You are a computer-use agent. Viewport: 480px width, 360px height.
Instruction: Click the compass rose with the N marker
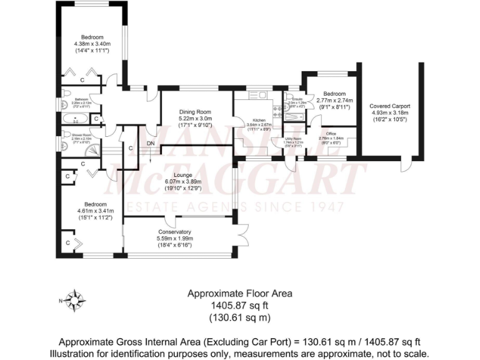pyautogui.click(x=76, y=301)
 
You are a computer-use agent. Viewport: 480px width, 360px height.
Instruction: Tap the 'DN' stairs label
pyautogui.click(x=151, y=144)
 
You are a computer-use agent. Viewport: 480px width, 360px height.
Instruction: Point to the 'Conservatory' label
pyautogui.click(x=174, y=231)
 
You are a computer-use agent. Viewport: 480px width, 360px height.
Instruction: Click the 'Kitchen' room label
pyautogui.click(x=259, y=119)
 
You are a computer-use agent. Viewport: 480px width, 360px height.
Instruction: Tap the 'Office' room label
pyautogui.click(x=331, y=132)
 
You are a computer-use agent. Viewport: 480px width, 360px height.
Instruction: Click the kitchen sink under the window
pyautogui.click(x=257, y=96)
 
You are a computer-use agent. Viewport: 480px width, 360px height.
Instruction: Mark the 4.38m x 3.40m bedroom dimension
pyautogui.click(x=92, y=44)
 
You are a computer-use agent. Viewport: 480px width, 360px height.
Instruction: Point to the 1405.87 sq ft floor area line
pyautogui.click(x=239, y=305)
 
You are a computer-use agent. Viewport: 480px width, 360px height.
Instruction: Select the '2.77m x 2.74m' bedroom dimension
pyautogui.click(x=334, y=100)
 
